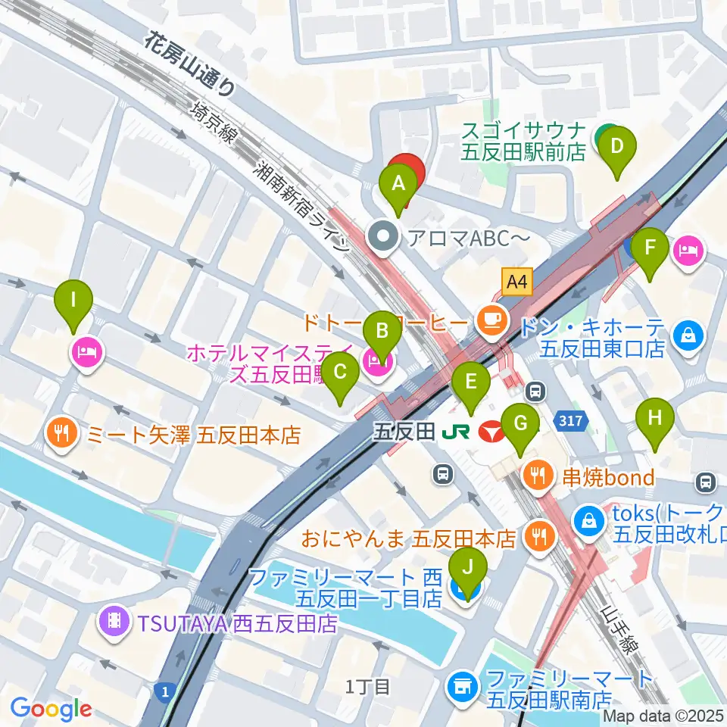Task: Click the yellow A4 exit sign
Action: (516, 283)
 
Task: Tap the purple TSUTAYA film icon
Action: (114, 623)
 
